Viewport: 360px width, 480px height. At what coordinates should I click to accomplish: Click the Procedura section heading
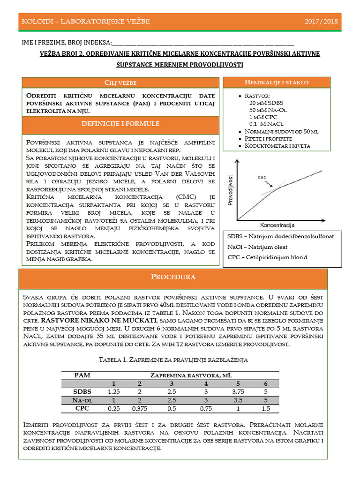click(173, 277)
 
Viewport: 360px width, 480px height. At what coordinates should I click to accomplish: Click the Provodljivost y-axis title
click(230, 190)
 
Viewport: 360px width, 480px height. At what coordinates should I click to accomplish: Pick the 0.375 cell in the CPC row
click(140, 408)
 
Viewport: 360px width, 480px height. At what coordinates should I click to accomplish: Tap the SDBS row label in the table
click(82, 391)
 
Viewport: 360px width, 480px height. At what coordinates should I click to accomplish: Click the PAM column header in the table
click(82, 375)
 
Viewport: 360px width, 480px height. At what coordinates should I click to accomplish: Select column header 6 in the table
click(266, 383)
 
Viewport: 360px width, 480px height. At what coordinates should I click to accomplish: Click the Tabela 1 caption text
click(173, 360)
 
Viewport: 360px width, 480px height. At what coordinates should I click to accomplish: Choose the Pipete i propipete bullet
click(268, 139)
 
